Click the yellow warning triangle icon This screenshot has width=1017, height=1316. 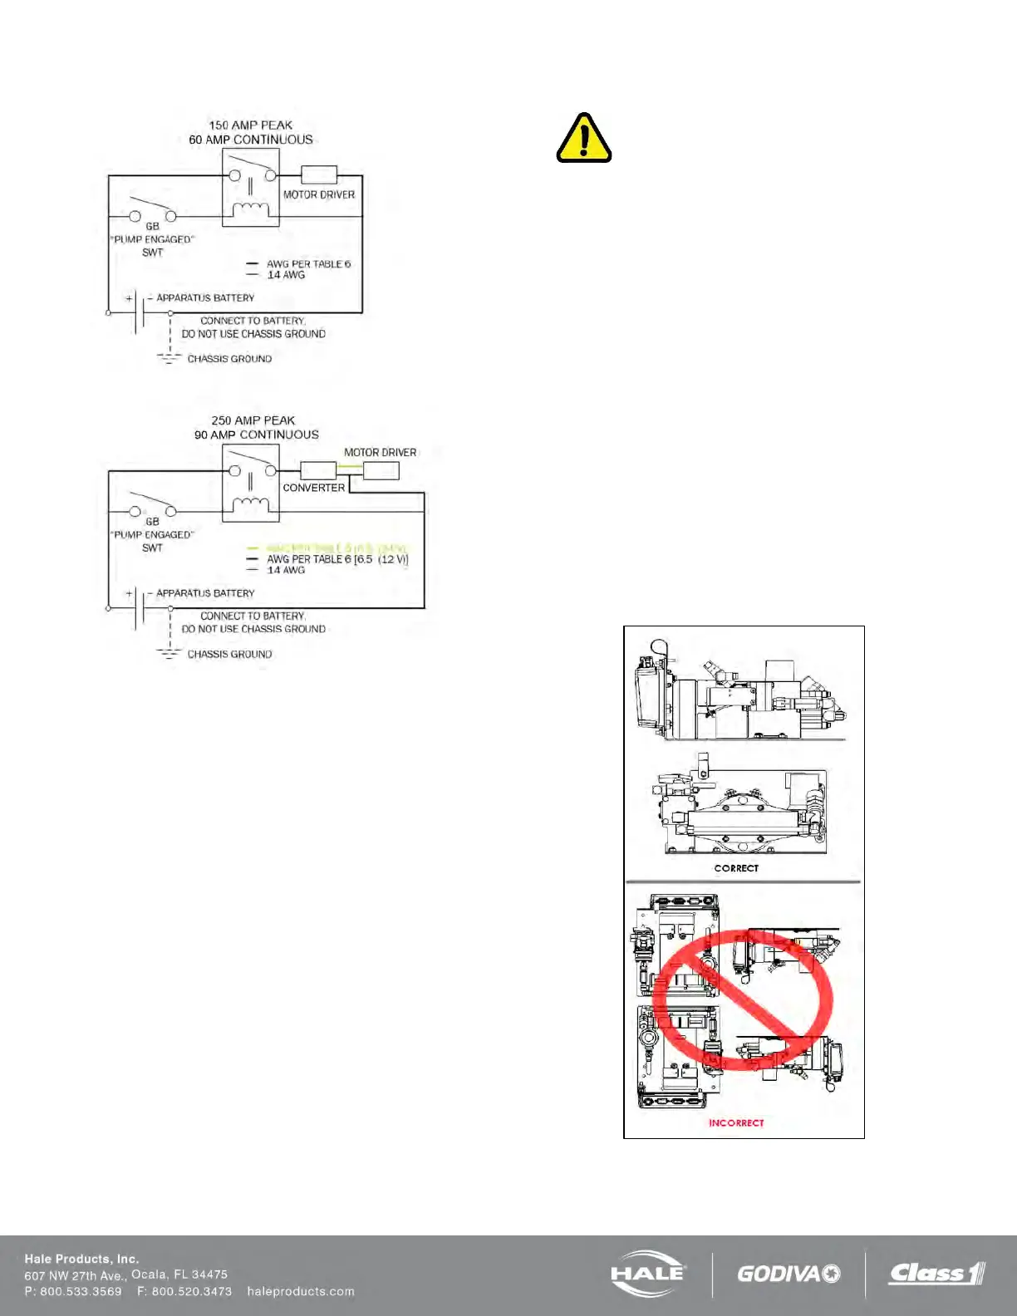pos(584,139)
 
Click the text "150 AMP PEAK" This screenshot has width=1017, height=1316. pos(251,125)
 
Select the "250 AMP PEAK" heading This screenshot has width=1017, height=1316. pos(253,420)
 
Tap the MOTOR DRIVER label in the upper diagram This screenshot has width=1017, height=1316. pos(319,194)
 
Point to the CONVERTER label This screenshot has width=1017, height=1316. pos(313,488)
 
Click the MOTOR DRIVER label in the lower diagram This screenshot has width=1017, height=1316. pos(381,453)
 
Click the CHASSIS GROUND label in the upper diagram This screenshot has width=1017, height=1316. pos(229,359)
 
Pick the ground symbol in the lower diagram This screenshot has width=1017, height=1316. pos(169,653)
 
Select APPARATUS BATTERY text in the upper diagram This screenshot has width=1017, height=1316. pos(205,297)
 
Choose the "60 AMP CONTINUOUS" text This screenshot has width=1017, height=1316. pos(251,140)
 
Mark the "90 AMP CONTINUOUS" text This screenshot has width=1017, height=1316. pos(257,435)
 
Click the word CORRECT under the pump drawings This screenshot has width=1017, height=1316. pos(736,868)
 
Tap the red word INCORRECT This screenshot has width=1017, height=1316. pos(736,1122)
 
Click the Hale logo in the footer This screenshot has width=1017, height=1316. pos(649,1273)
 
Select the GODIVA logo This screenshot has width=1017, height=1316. pos(789,1274)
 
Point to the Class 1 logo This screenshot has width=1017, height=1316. pos(936,1273)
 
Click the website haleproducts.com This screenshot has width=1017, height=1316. pos(301,1291)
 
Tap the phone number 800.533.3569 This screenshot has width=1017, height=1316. pos(81,1291)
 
